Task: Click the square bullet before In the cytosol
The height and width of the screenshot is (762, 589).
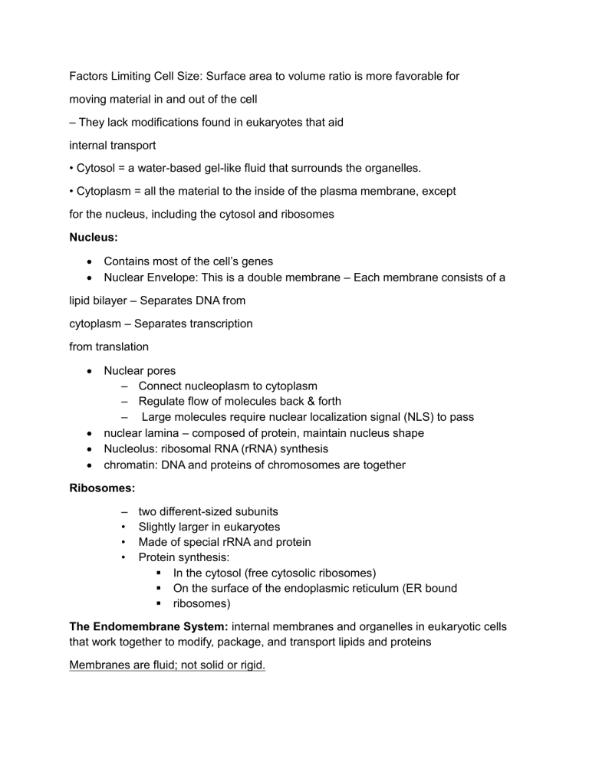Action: click(x=157, y=573)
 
